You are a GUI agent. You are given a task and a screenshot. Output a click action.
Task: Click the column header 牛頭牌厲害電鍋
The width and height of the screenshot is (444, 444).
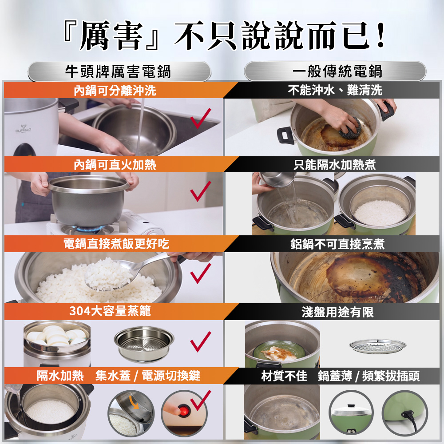[118, 71]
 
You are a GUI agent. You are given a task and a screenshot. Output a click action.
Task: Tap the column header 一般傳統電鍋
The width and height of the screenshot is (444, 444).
[337, 71]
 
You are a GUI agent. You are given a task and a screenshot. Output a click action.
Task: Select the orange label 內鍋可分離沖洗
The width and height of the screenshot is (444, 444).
[115, 91]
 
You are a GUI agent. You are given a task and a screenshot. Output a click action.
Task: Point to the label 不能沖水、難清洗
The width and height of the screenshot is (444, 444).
[335, 90]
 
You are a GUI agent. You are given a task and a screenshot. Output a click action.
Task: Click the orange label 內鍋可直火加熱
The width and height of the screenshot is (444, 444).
[115, 165]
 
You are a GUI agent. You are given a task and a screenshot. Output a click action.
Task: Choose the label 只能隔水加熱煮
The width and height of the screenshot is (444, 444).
[334, 165]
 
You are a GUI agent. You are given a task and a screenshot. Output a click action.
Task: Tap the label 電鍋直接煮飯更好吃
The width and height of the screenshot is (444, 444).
[116, 244]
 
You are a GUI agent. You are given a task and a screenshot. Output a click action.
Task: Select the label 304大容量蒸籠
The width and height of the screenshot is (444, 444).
[110, 311]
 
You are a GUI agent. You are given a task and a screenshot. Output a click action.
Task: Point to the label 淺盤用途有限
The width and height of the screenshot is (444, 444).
[337, 312]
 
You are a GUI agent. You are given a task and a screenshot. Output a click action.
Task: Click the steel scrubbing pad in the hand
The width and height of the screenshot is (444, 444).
[350, 128]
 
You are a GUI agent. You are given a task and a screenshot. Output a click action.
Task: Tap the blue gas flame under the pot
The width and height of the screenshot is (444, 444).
[88, 228]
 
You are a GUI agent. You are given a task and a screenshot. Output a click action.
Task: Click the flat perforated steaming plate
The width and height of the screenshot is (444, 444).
[377, 346]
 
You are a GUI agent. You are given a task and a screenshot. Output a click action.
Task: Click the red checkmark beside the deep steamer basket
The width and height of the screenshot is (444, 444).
[201, 341]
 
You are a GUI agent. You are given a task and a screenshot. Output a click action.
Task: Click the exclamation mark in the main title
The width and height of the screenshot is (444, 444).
[381, 35]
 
